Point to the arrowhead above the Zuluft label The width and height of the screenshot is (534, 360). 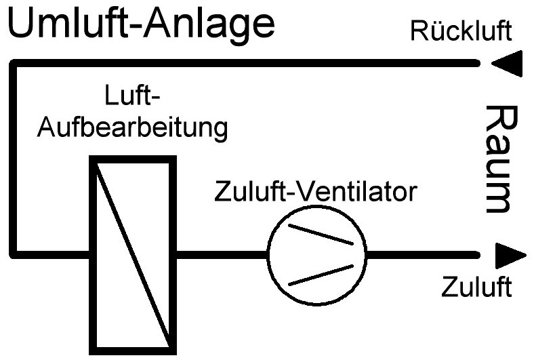pyautogui.click(x=510, y=256)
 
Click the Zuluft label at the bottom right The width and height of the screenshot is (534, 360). pyautogui.click(x=476, y=287)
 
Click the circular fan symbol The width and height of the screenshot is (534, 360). pyautogui.click(x=316, y=255)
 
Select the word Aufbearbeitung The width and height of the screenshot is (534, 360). pyautogui.click(x=132, y=127)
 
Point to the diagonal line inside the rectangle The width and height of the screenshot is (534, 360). pyautogui.click(x=132, y=255)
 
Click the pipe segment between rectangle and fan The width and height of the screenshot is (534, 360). pyautogui.click(x=221, y=255)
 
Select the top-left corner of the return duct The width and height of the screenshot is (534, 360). pyautogui.click(x=15, y=64)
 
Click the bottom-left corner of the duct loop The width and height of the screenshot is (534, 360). pyautogui.click(x=15, y=255)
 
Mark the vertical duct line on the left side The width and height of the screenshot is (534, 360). pyautogui.click(x=15, y=159)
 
